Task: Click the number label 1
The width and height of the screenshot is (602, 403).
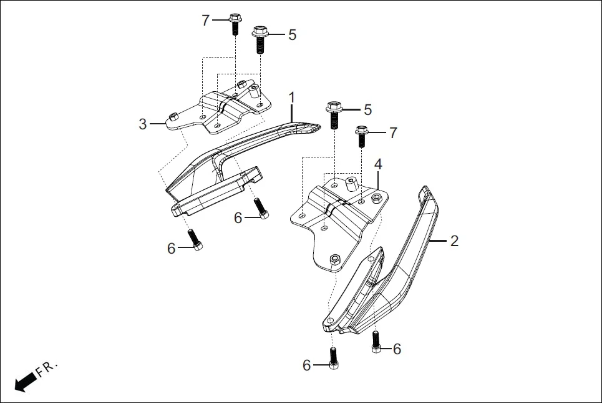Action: point(291,97)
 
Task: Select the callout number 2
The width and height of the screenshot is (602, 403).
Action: point(454,241)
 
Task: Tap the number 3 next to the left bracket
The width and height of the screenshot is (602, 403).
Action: point(143,124)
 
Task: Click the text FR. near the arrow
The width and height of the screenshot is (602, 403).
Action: point(47,369)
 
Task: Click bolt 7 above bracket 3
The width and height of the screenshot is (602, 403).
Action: point(235,23)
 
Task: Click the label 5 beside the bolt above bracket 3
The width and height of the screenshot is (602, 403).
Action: point(292,34)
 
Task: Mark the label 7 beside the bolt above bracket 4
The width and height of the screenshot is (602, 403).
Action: point(392,132)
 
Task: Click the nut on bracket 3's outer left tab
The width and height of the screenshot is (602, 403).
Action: point(173,116)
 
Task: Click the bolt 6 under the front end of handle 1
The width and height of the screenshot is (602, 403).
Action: point(193,239)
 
